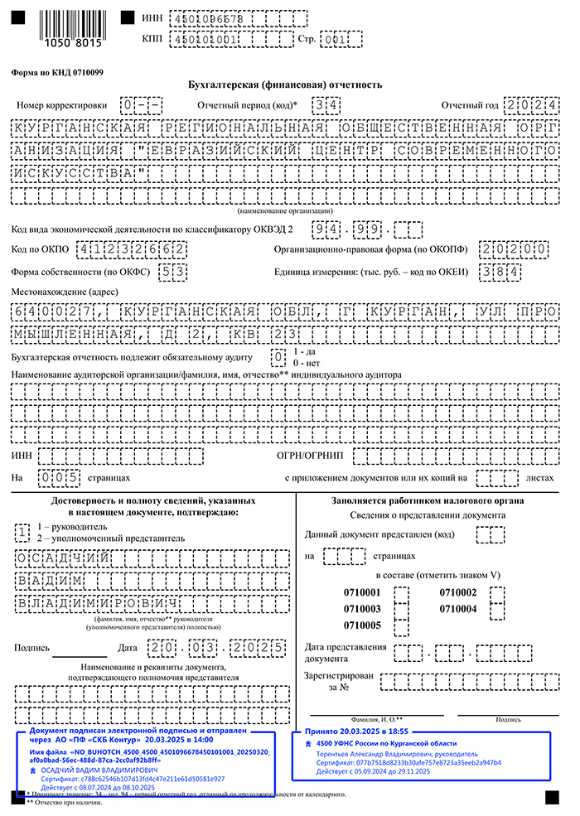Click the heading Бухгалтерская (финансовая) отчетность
click(x=286, y=84)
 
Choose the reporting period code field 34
click(x=325, y=105)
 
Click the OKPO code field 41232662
click(x=131, y=249)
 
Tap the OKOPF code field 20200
click(x=517, y=249)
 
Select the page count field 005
click(x=59, y=477)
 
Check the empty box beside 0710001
click(x=400, y=593)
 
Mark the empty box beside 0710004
click(x=497, y=609)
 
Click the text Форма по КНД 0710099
click(x=57, y=72)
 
